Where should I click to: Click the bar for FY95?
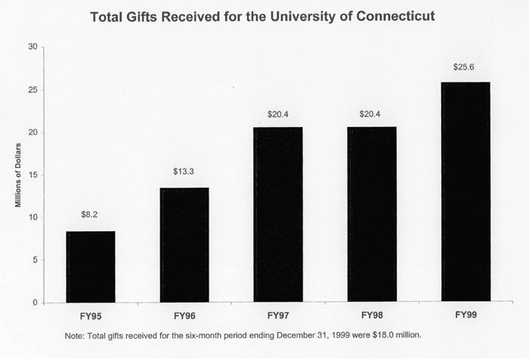coord(91,267)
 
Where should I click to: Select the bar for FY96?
coord(184,245)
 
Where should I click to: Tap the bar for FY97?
coord(278,215)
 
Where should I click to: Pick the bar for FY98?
coord(372,215)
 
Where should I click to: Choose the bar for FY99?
coord(466,192)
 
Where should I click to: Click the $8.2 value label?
coord(91,215)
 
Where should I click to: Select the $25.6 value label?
coord(466,67)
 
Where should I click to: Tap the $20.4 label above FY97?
coord(278,114)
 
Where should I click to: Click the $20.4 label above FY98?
coord(372,114)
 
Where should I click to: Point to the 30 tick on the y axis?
coord(32,47)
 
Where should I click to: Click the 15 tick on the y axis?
coord(32,175)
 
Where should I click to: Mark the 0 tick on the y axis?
coord(35,303)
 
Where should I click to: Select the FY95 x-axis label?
coord(91,315)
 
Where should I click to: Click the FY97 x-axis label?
coord(278,315)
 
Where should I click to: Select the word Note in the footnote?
coord(76,334)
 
